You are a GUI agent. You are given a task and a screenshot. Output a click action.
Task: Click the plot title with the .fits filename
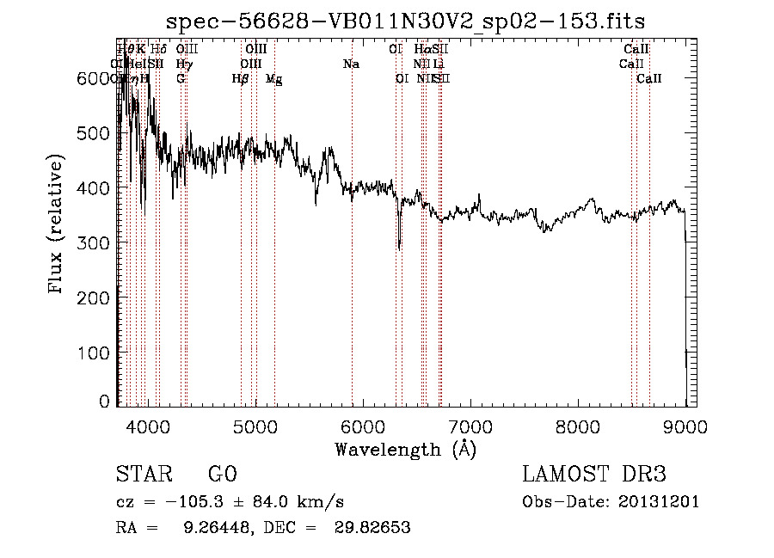pyautogui.click(x=405, y=21)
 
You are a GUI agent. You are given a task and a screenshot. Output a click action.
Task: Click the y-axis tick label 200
pyautogui.click(x=94, y=297)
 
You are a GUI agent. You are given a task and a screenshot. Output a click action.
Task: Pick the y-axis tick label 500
pyautogui.click(x=94, y=133)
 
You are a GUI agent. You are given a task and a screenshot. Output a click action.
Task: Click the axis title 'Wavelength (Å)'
pyautogui.click(x=405, y=449)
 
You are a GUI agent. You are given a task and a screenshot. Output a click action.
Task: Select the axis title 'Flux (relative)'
pyautogui.click(x=58, y=225)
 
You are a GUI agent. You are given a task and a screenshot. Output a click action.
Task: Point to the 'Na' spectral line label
pyautogui.click(x=351, y=64)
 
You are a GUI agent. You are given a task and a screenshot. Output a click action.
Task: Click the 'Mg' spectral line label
pyautogui.click(x=273, y=79)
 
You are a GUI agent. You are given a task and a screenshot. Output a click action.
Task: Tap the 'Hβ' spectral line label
pyautogui.click(x=241, y=78)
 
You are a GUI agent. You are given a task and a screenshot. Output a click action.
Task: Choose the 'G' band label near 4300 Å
pyautogui.click(x=181, y=78)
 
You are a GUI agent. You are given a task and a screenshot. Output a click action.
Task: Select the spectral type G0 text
pyautogui.click(x=222, y=475)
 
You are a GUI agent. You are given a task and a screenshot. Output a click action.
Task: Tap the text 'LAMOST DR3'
pyautogui.click(x=594, y=475)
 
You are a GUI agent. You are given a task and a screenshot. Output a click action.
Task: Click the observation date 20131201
pyautogui.click(x=660, y=502)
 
